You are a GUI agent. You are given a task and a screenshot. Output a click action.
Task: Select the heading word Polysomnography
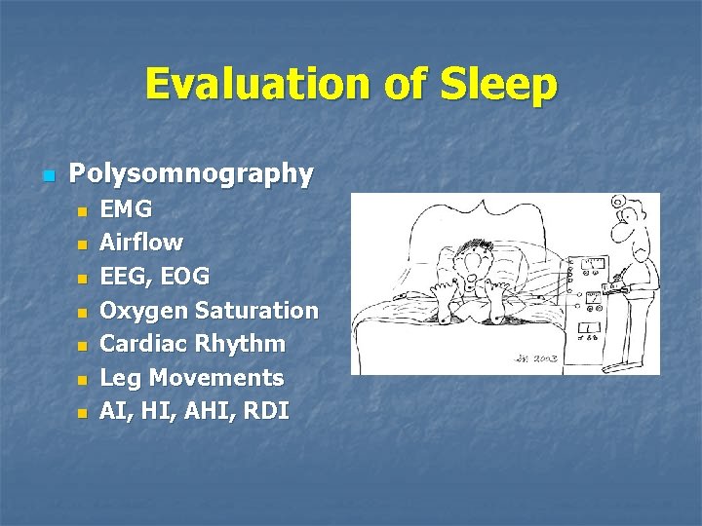pyautogui.click(x=191, y=174)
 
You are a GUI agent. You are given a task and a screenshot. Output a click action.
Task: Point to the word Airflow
pyautogui.click(x=141, y=242)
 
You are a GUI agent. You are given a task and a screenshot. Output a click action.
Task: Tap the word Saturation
pyautogui.click(x=256, y=310)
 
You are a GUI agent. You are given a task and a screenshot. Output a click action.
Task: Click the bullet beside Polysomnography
pyautogui.click(x=46, y=176)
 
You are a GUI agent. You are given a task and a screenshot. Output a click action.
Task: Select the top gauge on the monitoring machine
pyautogui.click(x=594, y=264)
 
